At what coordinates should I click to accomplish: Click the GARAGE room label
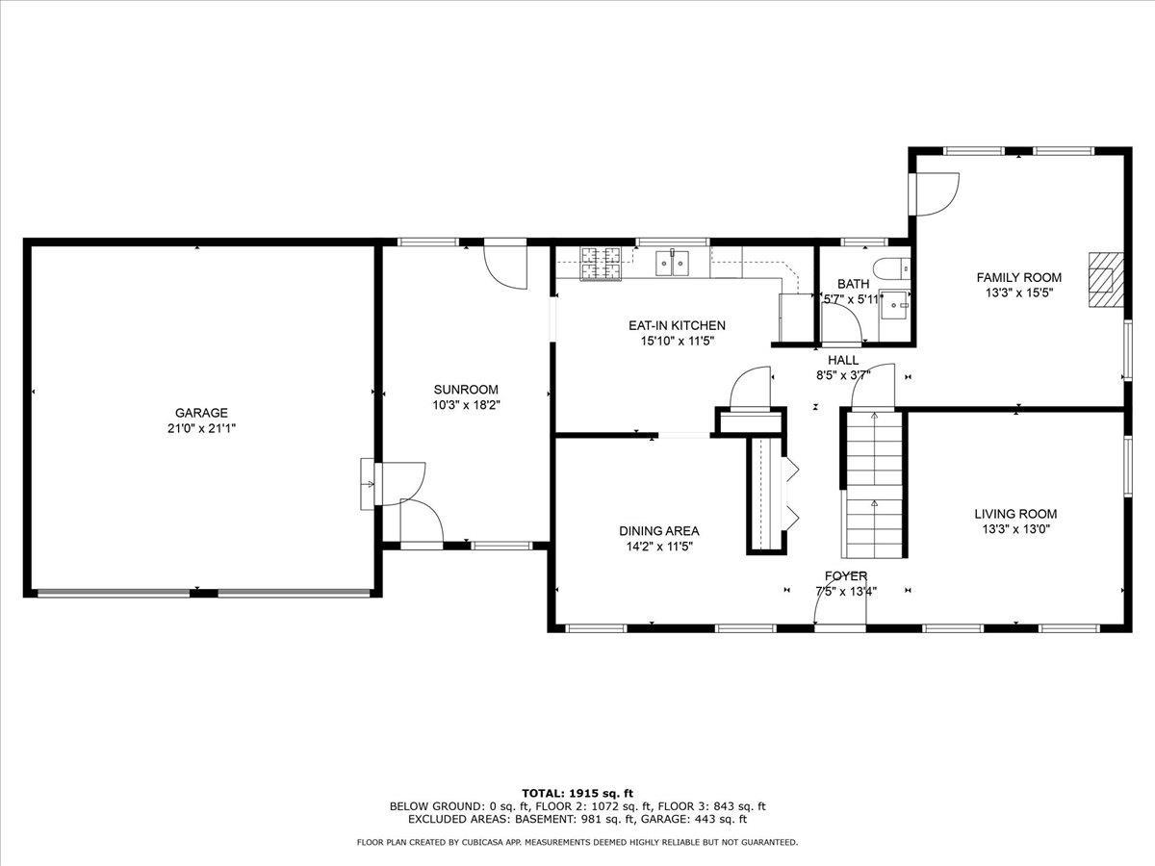pyautogui.click(x=201, y=413)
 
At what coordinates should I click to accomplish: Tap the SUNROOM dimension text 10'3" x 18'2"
pyautogui.click(x=466, y=405)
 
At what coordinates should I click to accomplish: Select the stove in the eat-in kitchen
pyautogui.click(x=601, y=264)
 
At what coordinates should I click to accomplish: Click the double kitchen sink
pyautogui.click(x=672, y=263)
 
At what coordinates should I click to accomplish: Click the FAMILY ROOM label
pyautogui.click(x=1019, y=277)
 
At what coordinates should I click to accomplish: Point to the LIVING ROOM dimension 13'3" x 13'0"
pyautogui.click(x=1015, y=529)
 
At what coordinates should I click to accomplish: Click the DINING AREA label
pyautogui.click(x=658, y=530)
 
